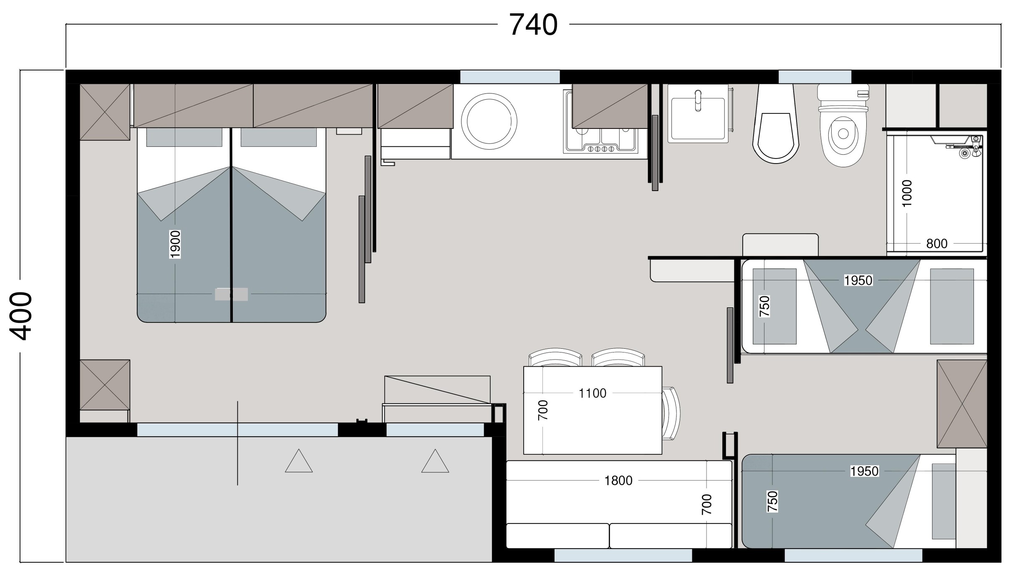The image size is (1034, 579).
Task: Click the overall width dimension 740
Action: coord(533,25)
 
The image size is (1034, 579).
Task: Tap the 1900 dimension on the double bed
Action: coord(175,244)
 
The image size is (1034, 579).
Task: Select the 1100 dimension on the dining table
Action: coord(593,393)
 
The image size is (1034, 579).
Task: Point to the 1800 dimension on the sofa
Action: coord(618,481)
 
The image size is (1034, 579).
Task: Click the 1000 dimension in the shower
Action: coord(907,193)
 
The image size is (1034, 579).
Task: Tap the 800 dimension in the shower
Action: coord(937,244)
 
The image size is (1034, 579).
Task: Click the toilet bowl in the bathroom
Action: coord(843,125)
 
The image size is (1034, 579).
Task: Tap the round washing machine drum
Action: coord(489,121)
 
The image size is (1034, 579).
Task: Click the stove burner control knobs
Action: coord(601,149)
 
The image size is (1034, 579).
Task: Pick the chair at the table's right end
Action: coord(671,413)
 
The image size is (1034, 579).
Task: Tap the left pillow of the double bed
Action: coord(184,137)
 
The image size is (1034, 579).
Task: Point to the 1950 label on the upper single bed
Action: coord(858,280)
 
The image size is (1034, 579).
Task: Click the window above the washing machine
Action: coord(509,77)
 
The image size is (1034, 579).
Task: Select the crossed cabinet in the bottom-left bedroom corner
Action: coord(105,385)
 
